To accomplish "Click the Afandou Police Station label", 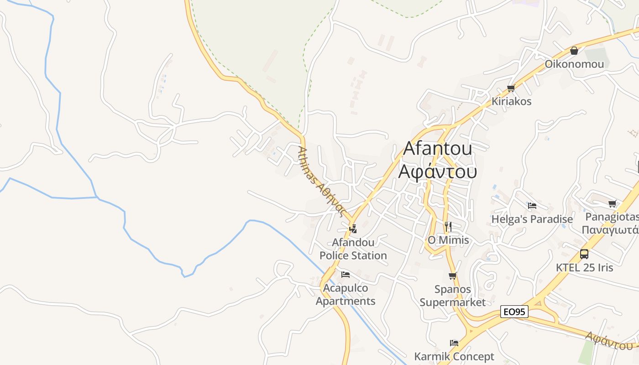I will coord(353,249).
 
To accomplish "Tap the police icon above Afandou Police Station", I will coord(352,228).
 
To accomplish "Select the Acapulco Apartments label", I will coord(346,295).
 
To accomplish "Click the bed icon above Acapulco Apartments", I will coord(346,275).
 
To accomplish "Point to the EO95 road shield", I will coord(514,312).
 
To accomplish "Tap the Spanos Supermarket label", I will coord(453,295).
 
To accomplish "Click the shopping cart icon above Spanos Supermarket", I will coord(453,276).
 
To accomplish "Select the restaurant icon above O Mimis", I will coord(448,226).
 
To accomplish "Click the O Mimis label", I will coord(448,240).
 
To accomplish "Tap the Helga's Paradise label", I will coord(532,219).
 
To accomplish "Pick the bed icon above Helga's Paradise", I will coord(532,206).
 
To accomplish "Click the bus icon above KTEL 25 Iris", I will coord(584,254).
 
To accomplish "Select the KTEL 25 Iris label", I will coord(584,267).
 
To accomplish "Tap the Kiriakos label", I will coord(511,101).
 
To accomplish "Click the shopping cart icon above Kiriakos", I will coord(511,88).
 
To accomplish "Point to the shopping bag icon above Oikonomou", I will coord(574,51).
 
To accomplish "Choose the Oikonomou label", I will coord(574,64).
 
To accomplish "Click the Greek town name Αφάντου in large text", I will coord(438,172).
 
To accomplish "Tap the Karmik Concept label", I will coord(454,356).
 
